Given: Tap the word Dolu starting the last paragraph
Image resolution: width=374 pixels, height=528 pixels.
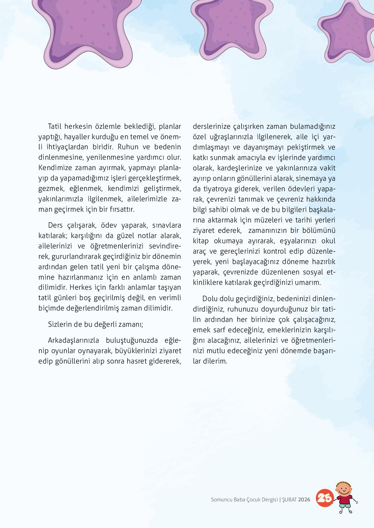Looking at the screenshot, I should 210,298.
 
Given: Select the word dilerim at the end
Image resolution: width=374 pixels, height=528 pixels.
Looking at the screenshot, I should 215,361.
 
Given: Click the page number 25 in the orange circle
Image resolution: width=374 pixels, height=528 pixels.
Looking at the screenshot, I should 324,498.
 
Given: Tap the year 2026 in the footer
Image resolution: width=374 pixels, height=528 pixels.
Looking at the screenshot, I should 304,499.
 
